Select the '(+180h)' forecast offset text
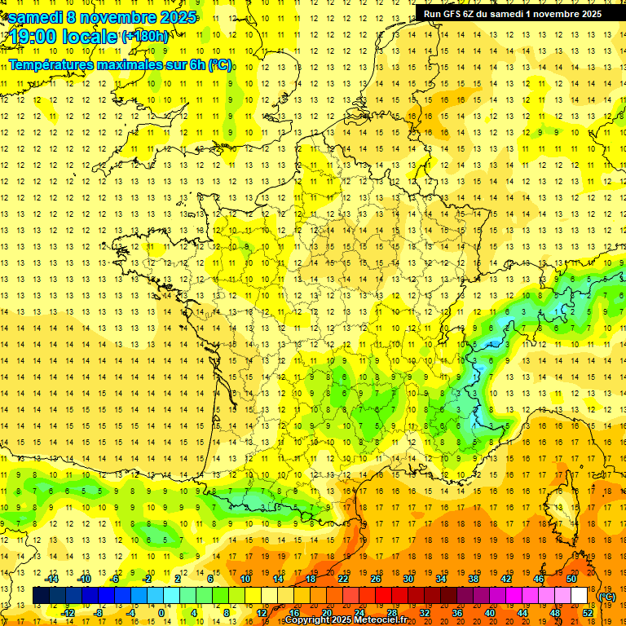point(145,36)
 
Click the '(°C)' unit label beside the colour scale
point(607,597)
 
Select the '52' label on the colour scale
point(587,612)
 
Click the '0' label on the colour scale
point(161,612)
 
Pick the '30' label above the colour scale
point(408,579)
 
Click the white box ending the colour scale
point(579,596)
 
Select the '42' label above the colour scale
point(505,579)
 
